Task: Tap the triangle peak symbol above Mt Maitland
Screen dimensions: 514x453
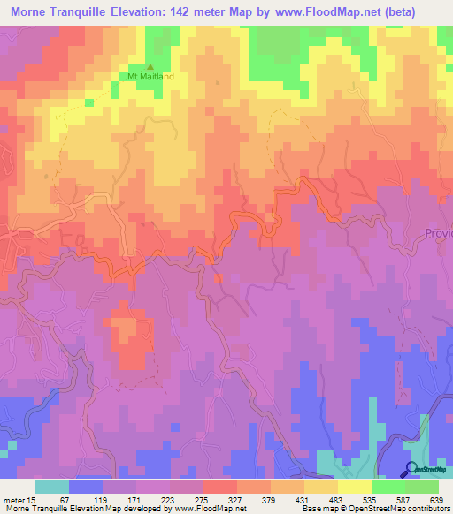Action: [149, 66]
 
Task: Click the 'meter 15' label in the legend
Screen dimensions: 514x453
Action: [18, 500]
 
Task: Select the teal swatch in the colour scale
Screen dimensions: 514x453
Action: [52, 487]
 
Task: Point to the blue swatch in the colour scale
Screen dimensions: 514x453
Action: [86, 487]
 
